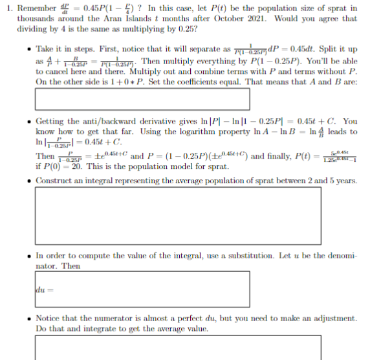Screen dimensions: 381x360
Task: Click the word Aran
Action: tap(95, 19)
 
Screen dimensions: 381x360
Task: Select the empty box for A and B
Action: tap(142, 99)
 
